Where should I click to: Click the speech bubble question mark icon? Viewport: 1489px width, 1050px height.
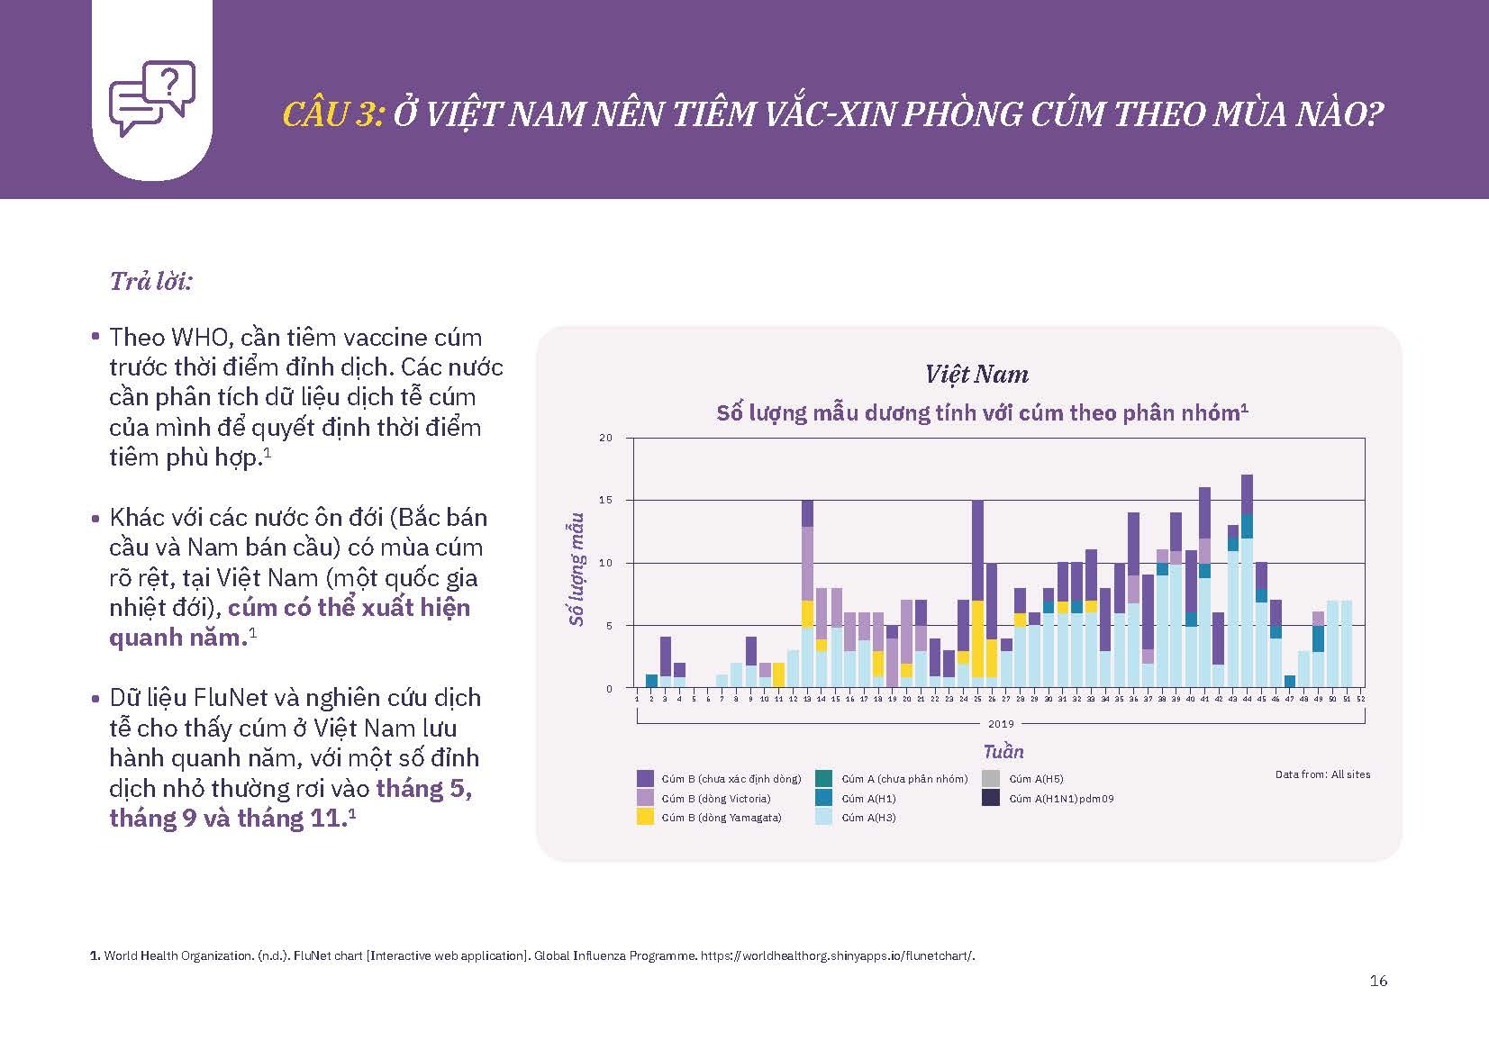151,97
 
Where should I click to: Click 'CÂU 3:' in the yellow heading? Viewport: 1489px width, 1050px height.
333,114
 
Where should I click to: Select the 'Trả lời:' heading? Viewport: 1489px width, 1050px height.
151,282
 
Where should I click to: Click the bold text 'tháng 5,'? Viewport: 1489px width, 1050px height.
423,789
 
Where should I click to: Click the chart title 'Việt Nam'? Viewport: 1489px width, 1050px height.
976,375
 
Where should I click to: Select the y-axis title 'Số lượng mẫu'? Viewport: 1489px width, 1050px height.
577,569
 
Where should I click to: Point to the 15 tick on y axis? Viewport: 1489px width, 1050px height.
605,500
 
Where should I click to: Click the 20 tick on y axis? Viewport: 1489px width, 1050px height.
605,438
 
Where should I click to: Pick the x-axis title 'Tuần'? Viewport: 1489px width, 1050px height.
1003,752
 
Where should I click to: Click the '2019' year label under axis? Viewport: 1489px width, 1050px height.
1001,723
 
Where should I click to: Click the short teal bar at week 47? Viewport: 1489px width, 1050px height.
1289,682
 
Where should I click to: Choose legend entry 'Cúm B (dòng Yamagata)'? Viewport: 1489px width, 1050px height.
721,818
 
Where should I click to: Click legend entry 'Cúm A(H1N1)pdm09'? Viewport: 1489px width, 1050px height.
1060,798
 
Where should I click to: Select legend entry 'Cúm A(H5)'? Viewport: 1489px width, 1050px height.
1035,779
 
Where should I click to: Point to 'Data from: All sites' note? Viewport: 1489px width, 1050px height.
1322,774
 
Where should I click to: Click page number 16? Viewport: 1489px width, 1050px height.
1378,982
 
